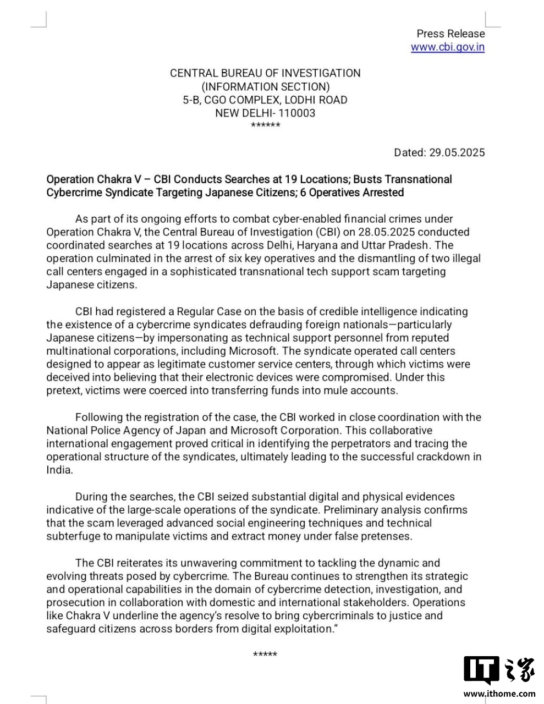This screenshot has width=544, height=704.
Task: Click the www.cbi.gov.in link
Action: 447,47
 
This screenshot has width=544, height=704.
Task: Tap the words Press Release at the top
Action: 450,34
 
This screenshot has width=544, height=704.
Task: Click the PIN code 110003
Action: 297,113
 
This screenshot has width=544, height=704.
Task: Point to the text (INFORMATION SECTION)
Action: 266,87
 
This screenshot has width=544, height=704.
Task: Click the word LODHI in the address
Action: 304,100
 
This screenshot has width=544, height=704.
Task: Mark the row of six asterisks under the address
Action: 265,126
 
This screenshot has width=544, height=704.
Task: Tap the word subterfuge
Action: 71,536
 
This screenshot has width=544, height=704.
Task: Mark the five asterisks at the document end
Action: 265,654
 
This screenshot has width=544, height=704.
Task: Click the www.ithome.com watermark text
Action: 499,694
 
